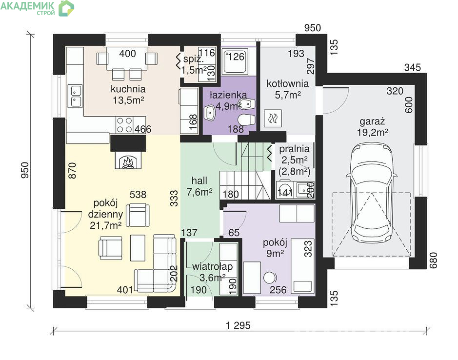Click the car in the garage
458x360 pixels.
(372, 193)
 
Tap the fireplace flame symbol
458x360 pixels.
(128, 162)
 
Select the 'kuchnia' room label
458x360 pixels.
(128, 89)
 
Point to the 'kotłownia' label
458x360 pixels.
(288, 83)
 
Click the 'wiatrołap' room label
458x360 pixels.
(212, 266)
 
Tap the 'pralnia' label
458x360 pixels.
(294, 149)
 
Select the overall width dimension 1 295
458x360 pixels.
(239, 325)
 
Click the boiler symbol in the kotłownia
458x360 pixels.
(273, 119)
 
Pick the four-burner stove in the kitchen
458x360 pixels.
(125, 125)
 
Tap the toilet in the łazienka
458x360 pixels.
(247, 120)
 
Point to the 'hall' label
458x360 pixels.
(199, 180)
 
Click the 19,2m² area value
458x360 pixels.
(373, 132)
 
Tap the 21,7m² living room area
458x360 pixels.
(106, 225)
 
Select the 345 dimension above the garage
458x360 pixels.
(413, 67)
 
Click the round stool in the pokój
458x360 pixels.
(269, 278)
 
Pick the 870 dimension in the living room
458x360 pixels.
(72, 171)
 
